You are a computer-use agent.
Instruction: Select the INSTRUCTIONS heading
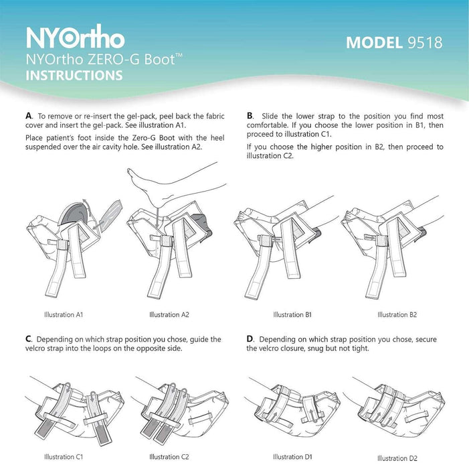click(74, 75)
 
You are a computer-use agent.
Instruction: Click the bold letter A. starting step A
click(28, 116)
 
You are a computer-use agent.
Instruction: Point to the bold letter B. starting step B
click(250, 116)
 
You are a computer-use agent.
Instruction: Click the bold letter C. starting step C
click(28, 340)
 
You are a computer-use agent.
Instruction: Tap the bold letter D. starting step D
click(250, 340)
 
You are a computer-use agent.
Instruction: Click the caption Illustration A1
click(64, 314)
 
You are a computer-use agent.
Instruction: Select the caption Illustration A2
click(169, 314)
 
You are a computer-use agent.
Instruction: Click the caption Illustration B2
click(397, 314)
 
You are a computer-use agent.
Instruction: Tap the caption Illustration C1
click(64, 457)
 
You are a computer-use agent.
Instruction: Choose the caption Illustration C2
click(169, 457)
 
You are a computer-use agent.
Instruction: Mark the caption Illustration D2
click(397, 458)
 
